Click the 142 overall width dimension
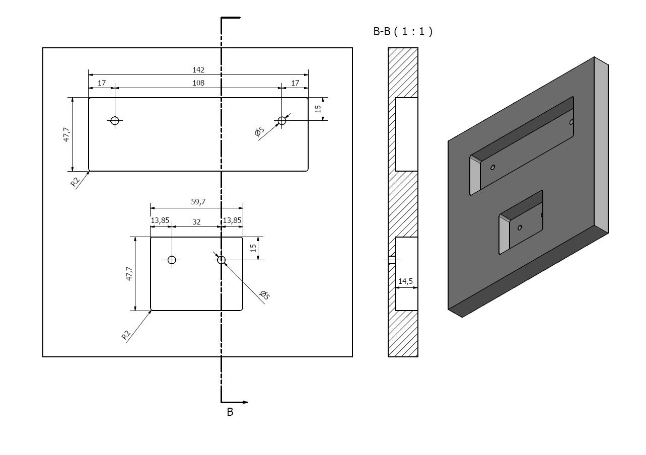pos(198,69)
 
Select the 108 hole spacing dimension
pos(198,83)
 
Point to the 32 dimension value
pos(196,221)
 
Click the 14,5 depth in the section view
pos(405,281)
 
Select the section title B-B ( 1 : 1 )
pos(402,31)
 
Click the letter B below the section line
pos(230,412)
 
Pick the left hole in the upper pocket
pos(115,120)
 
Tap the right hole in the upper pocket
pos(282,120)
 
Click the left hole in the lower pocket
pos(172,260)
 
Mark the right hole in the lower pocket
pos(221,260)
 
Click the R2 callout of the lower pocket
pos(126,335)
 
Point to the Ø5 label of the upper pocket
pos(259,132)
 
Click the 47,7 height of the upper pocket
pos(66,134)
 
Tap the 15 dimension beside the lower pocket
pos(253,248)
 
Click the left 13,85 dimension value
pos(160,221)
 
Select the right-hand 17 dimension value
pos(295,83)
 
